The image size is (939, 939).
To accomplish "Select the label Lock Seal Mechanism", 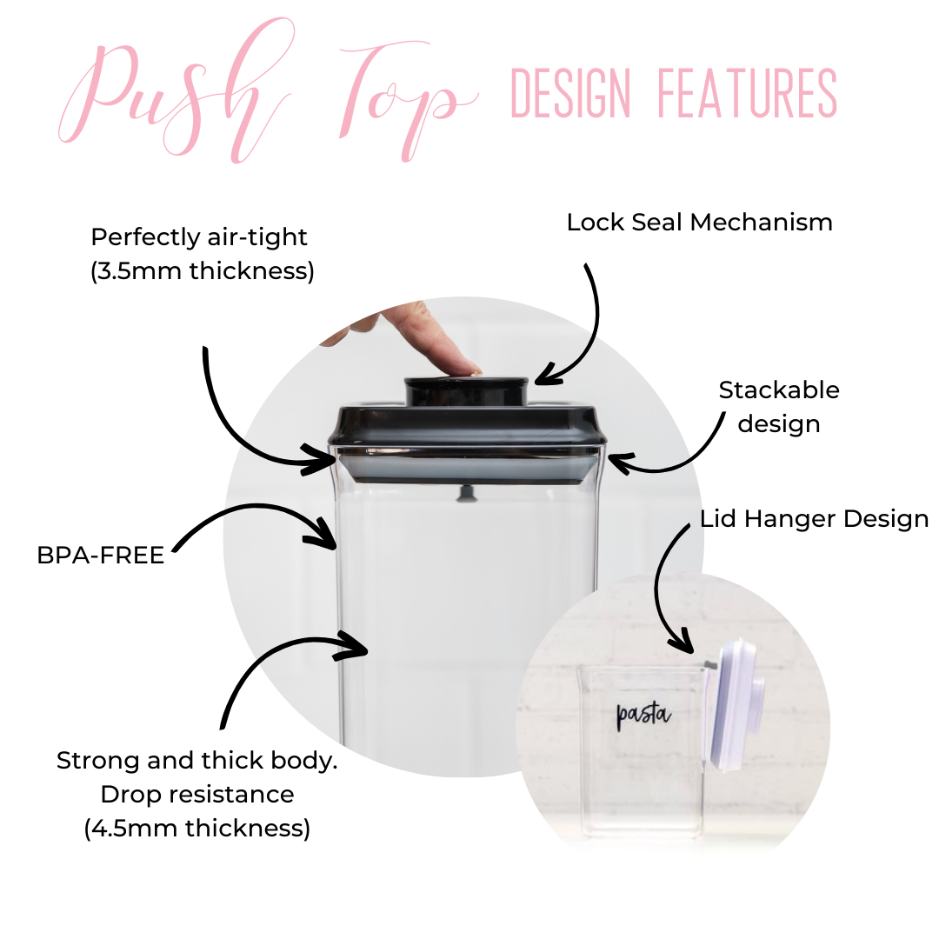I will tap(699, 223).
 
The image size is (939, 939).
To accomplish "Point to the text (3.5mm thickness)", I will tap(202, 271).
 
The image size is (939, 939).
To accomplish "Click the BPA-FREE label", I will tap(101, 556).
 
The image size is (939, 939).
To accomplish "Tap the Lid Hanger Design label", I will tap(814, 520).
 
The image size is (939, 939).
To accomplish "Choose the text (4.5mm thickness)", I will tap(197, 829).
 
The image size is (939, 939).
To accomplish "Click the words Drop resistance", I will tap(197, 794).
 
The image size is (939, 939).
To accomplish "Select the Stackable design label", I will tap(779, 407).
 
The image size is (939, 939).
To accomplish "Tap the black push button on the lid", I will tap(467, 390).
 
